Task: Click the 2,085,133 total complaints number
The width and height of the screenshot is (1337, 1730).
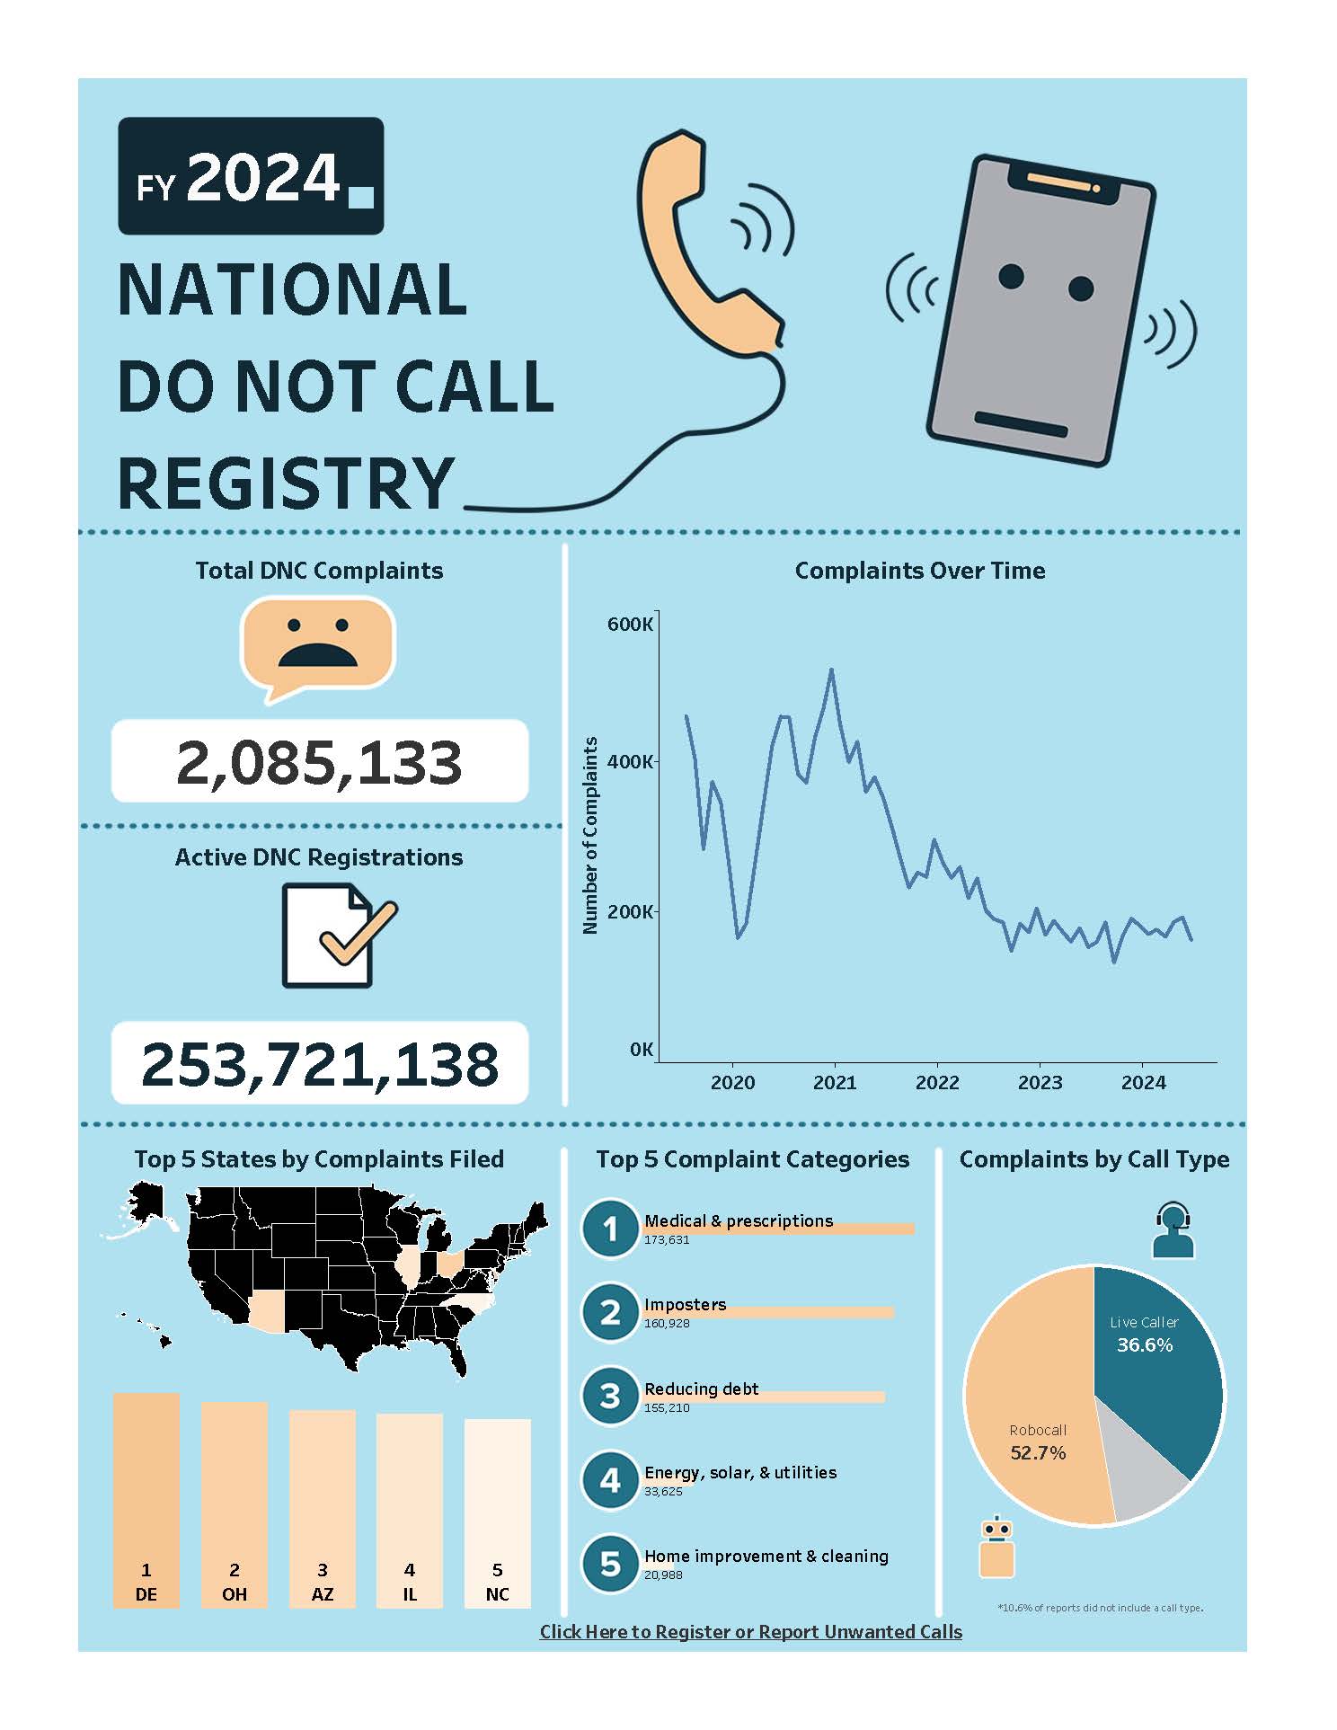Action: [319, 762]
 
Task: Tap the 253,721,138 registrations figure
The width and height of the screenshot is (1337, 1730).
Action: [319, 1063]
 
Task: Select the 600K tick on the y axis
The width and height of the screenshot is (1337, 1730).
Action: [630, 624]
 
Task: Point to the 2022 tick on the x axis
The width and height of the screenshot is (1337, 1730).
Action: [937, 1083]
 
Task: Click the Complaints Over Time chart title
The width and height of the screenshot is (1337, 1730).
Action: [919, 571]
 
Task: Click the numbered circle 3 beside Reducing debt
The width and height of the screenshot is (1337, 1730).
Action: [610, 1395]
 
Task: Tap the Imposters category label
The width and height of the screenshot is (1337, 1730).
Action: [685, 1304]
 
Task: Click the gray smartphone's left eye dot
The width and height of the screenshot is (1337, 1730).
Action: [1011, 276]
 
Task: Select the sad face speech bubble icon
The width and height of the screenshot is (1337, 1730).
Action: [318, 645]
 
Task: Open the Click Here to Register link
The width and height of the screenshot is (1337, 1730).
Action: [750, 1632]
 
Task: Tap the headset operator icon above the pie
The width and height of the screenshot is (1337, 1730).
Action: [1173, 1229]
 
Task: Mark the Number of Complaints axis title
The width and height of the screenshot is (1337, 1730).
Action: [590, 835]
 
